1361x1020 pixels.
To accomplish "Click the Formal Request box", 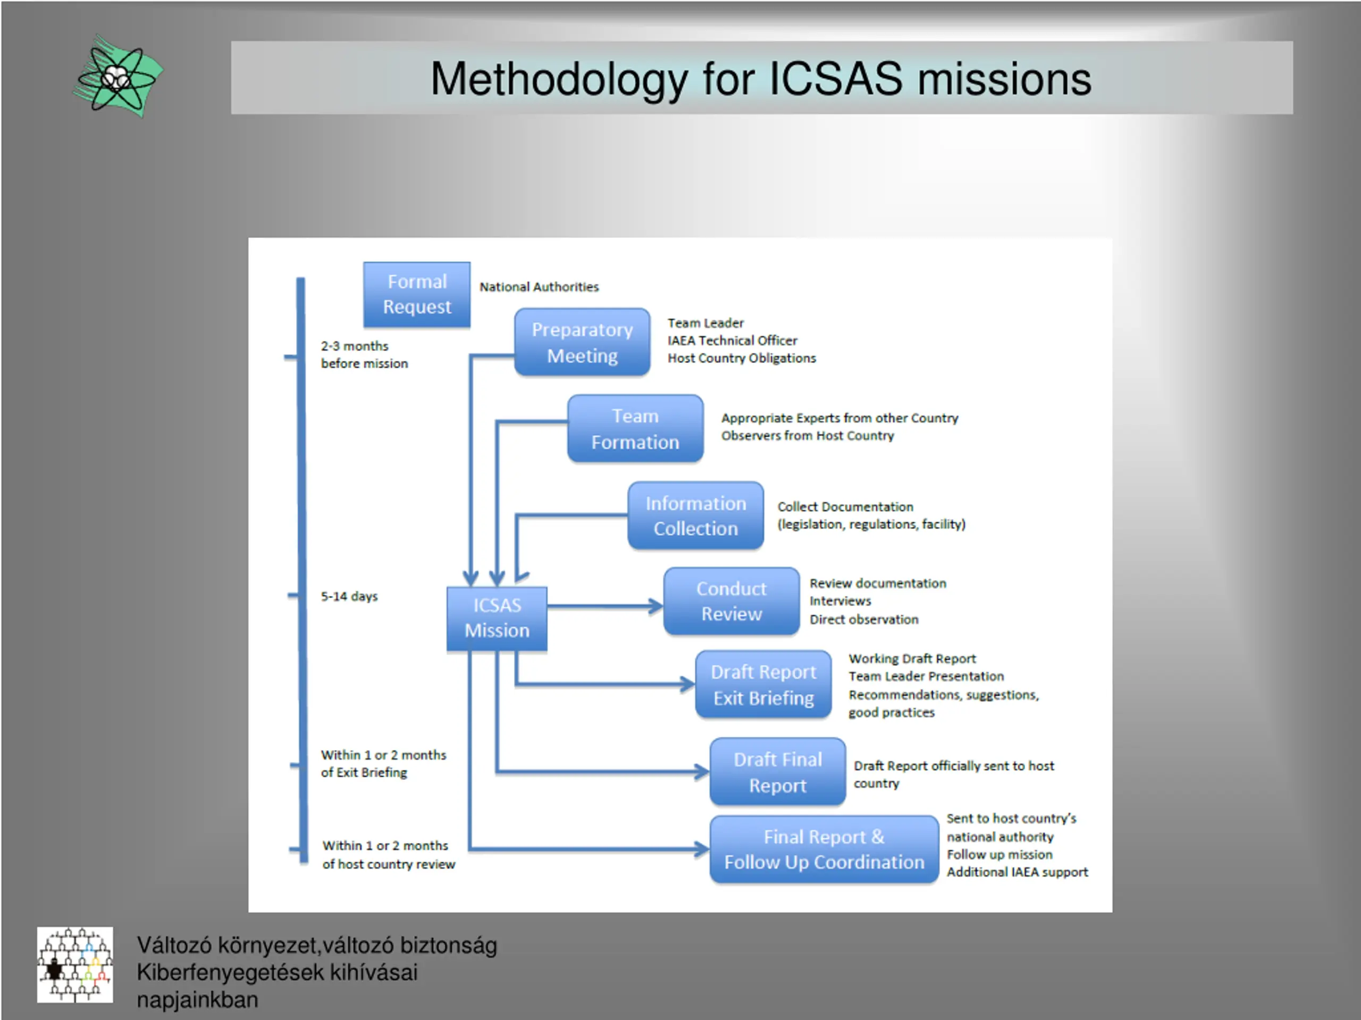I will point(417,294).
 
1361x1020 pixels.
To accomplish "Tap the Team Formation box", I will point(635,429).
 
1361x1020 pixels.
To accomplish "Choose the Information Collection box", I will point(695,515).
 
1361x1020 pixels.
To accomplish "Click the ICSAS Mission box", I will point(497,618).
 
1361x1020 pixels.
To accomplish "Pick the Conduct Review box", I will point(731,601).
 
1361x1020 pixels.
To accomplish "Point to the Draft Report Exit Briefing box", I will point(763,684).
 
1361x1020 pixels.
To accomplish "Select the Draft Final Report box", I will point(777,771).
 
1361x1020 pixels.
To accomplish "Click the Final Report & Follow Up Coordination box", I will point(824,849).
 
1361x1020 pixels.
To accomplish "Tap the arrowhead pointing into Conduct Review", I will point(657,606).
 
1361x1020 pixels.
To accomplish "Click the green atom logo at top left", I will point(118,76).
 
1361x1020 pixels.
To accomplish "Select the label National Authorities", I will point(539,286).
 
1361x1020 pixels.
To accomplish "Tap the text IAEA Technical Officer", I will point(732,340).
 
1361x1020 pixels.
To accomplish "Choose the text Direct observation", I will point(863,619).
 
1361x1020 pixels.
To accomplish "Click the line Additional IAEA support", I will point(1016,872).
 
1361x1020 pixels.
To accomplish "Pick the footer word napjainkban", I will point(197,1000).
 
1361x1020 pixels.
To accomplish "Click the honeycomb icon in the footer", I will point(74,964).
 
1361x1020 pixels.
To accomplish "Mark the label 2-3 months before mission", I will point(364,355).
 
